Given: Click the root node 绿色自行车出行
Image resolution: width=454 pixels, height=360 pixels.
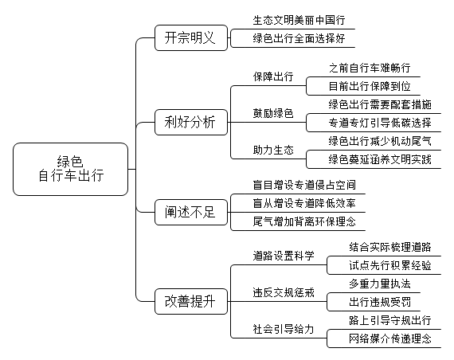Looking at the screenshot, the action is click(70, 169).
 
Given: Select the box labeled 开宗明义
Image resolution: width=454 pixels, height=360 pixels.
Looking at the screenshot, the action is click(191, 38).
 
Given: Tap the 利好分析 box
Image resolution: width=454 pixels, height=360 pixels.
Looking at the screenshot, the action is click(191, 122).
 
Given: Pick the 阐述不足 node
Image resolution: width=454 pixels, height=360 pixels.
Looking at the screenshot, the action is click(191, 213).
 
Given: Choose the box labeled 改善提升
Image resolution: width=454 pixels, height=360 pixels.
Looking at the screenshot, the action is click(191, 302).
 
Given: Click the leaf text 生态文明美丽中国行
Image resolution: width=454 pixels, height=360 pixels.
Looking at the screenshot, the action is click(299, 20).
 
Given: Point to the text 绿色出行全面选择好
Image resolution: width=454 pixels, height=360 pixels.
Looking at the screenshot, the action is click(299, 38).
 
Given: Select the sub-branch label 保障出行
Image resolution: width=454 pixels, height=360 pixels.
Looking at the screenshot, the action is click(273, 76).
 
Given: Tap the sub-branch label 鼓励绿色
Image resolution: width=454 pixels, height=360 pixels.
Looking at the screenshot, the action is click(273, 113).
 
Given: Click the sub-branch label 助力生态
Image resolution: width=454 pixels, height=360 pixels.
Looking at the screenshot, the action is click(273, 150).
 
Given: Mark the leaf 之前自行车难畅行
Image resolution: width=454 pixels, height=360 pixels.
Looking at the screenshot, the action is click(370, 68).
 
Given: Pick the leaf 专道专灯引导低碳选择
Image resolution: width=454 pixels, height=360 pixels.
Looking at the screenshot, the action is click(380, 123).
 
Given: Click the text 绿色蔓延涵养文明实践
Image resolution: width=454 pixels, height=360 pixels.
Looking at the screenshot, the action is click(380, 159).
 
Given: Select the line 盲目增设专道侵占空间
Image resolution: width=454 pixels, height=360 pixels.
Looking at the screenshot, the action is click(304, 185).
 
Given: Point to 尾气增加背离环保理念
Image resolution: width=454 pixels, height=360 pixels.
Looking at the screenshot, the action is click(304, 222).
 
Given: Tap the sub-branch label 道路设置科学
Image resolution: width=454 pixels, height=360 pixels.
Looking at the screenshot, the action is click(284, 256).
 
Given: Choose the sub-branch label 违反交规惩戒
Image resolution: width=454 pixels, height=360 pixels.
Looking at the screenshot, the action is click(284, 292).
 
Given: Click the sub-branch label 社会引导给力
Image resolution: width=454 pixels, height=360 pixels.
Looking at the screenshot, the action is click(284, 329).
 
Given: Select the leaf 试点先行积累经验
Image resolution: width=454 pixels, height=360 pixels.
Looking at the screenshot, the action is click(390, 265).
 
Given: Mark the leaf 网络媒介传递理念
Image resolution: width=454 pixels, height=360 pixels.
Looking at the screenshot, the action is click(390, 338).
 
